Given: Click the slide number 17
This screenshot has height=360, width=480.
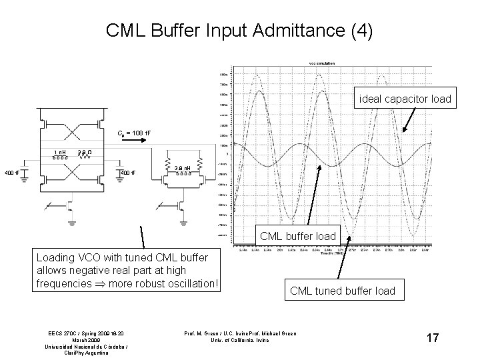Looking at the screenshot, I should point(433,338).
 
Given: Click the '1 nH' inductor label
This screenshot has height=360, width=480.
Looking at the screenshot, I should point(59,153).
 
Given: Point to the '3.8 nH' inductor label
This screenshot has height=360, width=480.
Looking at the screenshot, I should point(183,168).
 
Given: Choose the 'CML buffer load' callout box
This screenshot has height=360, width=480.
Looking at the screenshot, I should point(299,235).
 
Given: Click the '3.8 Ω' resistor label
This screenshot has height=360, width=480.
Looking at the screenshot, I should point(83,153).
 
